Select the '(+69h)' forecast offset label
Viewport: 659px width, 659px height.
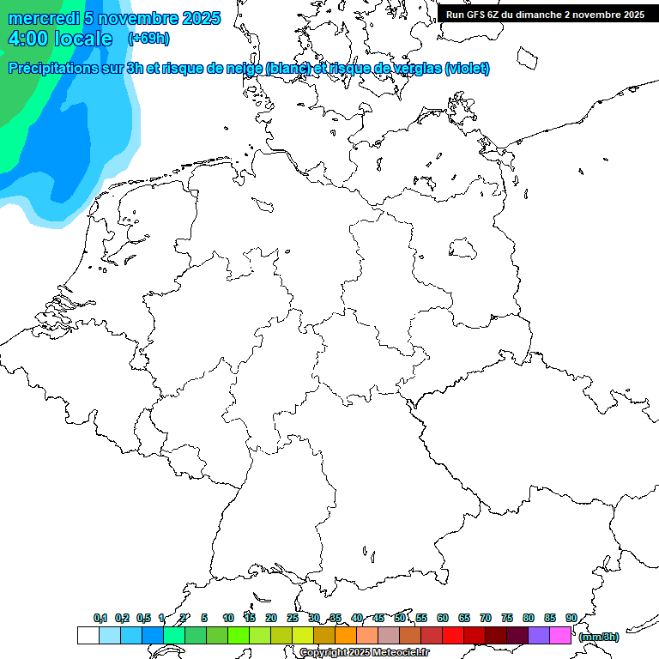pos(148,39)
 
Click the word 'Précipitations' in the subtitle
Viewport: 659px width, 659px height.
pos(59,68)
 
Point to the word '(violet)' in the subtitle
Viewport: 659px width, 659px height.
pos(468,68)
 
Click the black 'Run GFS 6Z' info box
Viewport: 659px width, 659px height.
pos(545,14)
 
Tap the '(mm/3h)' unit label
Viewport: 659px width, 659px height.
pos(598,637)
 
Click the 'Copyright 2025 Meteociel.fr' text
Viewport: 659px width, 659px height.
pos(364,653)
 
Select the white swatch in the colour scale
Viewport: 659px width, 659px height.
pos(88,635)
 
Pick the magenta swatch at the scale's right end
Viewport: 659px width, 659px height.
pos(560,635)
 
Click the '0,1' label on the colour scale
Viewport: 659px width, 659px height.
pos(100,618)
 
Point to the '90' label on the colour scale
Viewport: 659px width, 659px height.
pos(571,618)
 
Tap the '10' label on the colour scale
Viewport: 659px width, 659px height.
pos(228,618)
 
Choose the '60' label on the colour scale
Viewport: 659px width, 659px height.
pos(443,618)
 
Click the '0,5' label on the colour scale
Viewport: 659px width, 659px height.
pos(143,618)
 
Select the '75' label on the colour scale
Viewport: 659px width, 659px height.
pos(507,618)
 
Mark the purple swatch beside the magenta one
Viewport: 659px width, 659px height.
pos(539,635)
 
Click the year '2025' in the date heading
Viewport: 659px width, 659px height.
pos(201,18)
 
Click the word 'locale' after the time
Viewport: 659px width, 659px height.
pos(83,39)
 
